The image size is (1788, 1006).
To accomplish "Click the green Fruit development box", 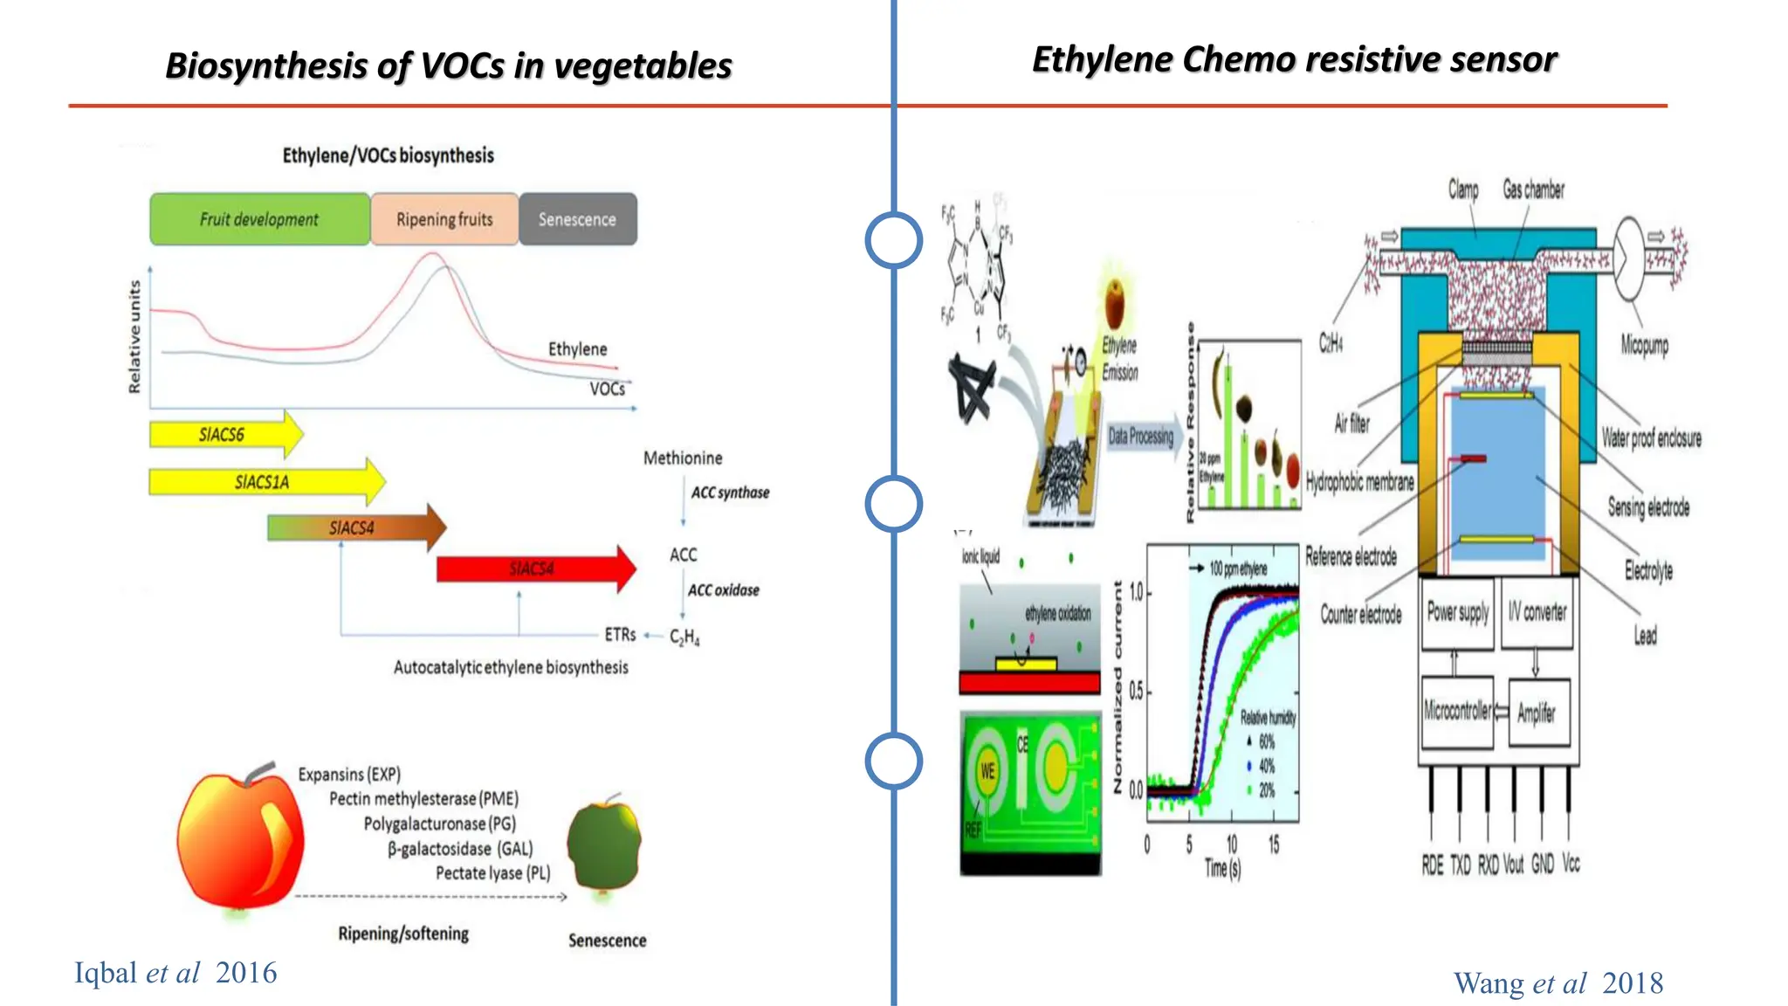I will tap(259, 219).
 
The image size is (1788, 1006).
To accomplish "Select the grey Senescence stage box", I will tap(577, 219).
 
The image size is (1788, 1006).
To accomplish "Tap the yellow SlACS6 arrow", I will tap(223, 434).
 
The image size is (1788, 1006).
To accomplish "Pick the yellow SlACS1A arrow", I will tap(262, 481).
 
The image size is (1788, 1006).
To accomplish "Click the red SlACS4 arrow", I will tap(533, 569).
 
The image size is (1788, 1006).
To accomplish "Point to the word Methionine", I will tap(683, 458).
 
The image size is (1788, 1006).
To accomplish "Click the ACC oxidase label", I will tap(723, 590).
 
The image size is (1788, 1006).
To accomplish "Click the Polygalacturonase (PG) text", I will tap(439, 823).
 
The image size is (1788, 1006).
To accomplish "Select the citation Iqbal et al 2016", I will tap(175, 973).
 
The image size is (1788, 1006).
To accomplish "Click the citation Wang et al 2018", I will tap(1558, 983).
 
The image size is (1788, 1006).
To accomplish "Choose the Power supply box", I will tap(1457, 613).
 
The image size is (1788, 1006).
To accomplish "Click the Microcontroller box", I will tap(1457, 712).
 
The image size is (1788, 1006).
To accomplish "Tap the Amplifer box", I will tap(1537, 713).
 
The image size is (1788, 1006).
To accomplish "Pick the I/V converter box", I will tap(1537, 613).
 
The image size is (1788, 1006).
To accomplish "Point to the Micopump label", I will tap(1644, 345).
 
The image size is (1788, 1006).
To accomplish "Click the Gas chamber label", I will tap(1533, 189).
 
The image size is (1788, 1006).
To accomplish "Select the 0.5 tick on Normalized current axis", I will tap(1135, 692).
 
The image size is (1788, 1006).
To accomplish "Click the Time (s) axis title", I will tap(1222, 868).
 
